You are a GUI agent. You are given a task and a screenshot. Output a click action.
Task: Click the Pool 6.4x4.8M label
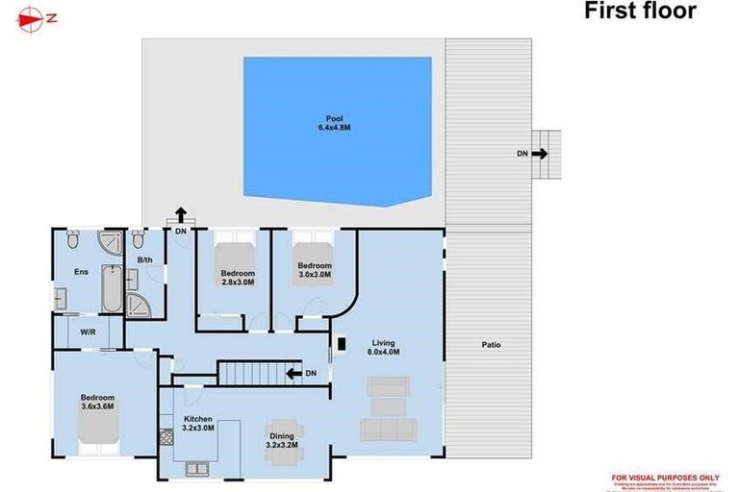334,123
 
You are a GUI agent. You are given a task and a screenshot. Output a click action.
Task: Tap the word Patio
491,345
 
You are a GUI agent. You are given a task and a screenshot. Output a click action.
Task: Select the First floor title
640,12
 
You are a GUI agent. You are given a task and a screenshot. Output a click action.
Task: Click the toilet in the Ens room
72,241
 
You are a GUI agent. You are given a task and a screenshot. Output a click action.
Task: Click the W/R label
88,332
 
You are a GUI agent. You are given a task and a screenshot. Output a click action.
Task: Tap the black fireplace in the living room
338,342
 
